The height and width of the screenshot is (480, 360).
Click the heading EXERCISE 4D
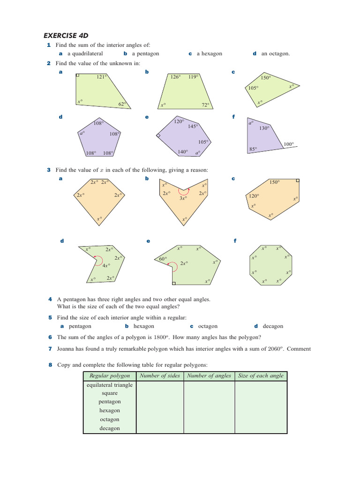tap(66, 35)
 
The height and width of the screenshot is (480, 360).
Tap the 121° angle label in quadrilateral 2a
tap(102, 77)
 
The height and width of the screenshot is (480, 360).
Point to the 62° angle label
tap(122, 105)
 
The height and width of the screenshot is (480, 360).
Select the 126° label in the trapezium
tap(175, 77)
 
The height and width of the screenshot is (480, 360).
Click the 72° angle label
tap(205, 105)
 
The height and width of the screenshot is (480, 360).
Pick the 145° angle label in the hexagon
tap(193, 126)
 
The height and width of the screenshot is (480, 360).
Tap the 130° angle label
tap(264, 128)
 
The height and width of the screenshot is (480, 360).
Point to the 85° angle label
tap(254, 150)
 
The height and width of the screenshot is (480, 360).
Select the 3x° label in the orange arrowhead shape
tap(183, 198)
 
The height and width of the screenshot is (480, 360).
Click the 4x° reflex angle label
tap(106, 265)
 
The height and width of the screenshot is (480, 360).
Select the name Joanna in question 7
tap(67, 349)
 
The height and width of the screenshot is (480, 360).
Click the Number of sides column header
tap(160, 375)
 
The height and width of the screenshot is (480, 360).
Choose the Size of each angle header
tap(261, 375)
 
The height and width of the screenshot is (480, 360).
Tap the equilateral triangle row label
tap(110, 385)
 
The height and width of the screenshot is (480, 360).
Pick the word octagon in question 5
tap(208, 326)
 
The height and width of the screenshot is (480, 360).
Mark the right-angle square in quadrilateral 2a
tap(78, 75)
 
